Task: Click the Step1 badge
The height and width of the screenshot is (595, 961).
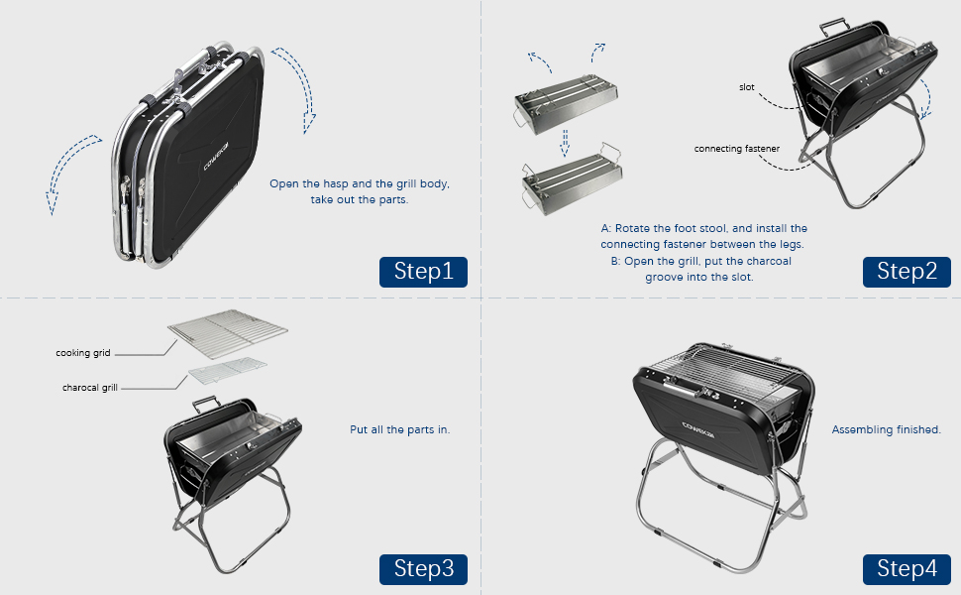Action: coord(423,272)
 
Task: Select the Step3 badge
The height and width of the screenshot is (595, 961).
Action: coord(423,568)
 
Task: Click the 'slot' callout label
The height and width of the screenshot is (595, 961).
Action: coord(746,87)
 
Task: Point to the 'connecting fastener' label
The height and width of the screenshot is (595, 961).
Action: coord(737,149)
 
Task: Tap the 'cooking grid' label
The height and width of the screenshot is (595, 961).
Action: coord(83,352)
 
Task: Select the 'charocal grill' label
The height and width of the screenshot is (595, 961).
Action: coord(89,388)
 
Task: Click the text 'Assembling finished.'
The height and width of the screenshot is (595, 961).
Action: coord(886,429)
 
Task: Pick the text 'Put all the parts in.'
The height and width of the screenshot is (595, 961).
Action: coord(399,429)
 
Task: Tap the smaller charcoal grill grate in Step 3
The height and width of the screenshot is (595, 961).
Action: coord(228,373)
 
